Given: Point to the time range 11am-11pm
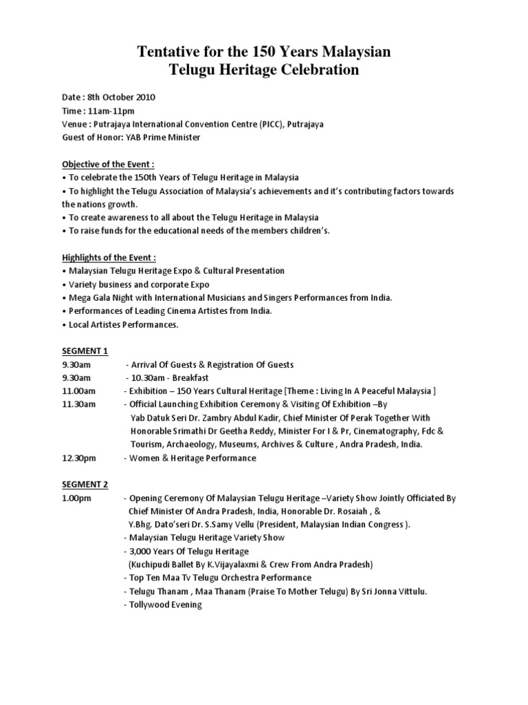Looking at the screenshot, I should (x=110, y=110).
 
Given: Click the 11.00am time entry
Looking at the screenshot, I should (x=77, y=391).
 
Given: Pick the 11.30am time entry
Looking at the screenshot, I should (x=77, y=404).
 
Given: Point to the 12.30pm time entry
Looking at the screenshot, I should (x=77, y=458).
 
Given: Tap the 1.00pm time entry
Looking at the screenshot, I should (x=76, y=498).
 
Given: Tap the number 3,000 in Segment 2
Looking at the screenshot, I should (x=141, y=551).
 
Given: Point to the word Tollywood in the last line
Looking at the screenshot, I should (x=148, y=604).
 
